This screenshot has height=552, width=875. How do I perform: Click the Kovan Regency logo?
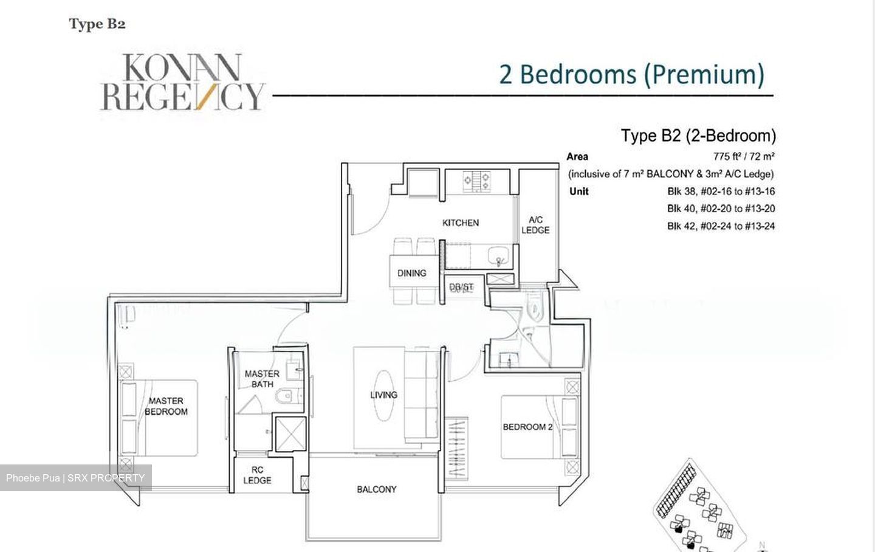(182, 82)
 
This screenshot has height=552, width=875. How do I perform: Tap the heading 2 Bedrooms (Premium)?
(631, 74)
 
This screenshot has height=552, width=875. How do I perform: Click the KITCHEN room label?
(460, 223)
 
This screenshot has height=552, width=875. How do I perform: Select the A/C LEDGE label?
(535, 225)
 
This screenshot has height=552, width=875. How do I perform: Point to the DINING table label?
(411, 274)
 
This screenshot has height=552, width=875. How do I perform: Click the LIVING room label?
(383, 395)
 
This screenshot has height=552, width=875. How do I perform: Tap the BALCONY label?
(376, 489)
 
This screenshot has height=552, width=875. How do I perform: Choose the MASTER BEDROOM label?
(166, 406)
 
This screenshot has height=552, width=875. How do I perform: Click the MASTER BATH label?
(262, 379)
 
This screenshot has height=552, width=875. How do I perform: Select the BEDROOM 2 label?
(527, 427)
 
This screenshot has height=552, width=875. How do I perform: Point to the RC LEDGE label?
(257, 475)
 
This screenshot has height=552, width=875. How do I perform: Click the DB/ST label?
(461, 287)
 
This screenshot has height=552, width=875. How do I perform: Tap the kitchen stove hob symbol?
(477, 181)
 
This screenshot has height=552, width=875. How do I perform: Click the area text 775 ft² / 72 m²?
(743, 156)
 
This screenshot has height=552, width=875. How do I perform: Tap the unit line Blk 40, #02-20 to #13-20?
(721, 209)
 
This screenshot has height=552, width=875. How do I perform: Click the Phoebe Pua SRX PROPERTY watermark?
(75, 478)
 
